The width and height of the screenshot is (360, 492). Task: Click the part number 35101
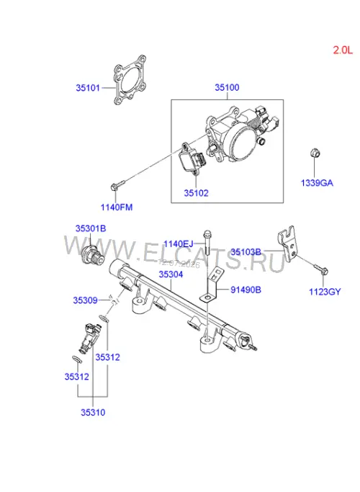pyautogui.click(x=88, y=88)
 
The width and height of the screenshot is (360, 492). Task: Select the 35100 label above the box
pyautogui.click(x=227, y=88)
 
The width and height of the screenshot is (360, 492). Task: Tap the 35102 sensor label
pyautogui.click(x=196, y=193)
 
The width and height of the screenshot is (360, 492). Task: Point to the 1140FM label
pyautogui.click(x=117, y=207)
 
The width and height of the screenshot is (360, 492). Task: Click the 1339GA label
pyautogui.click(x=317, y=183)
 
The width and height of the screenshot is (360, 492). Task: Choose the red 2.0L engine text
pyautogui.click(x=343, y=50)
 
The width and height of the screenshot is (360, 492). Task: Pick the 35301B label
pyautogui.click(x=91, y=228)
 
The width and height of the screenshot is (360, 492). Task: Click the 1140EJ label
pyautogui.click(x=178, y=243)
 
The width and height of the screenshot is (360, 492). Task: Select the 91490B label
pyautogui.click(x=246, y=290)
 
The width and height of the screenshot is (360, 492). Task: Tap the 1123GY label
pyautogui.click(x=325, y=292)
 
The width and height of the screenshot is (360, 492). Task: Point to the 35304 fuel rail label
pyautogui.click(x=171, y=274)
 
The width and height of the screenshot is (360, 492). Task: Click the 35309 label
pyautogui.click(x=85, y=300)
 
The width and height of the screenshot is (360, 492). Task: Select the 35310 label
pyautogui.click(x=93, y=412)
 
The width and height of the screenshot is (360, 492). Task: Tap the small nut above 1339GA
pyautogui.click(x=314, y=153)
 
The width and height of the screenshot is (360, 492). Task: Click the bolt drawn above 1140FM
pyautogui.click(x=117, y=184)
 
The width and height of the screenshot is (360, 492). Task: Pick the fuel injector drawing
pyautogui.click(x=90, y=338)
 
